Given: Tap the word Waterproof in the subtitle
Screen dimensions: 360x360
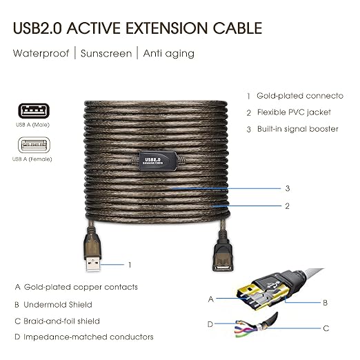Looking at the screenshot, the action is coord(41,53).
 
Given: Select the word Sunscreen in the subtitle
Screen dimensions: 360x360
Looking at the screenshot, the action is coord(106,54).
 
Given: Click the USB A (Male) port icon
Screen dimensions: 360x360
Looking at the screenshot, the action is coord(34,110).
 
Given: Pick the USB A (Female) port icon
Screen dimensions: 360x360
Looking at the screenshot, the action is coord(34,145).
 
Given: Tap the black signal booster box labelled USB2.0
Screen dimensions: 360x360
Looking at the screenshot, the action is coord(158,161).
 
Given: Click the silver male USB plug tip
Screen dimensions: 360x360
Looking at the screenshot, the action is coord(93,264).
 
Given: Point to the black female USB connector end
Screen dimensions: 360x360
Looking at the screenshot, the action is coord(222,255).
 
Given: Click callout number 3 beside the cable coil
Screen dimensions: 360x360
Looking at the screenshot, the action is coord(288,188).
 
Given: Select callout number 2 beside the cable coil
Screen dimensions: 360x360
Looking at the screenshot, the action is coord(288,206).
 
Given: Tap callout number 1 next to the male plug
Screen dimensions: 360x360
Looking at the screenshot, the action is coord(130,265).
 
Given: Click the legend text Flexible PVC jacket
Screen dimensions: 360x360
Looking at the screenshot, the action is coord(294,112).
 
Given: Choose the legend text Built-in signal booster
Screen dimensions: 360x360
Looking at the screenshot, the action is coord(298,129).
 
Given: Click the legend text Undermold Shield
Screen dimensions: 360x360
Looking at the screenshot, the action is coord(58,305).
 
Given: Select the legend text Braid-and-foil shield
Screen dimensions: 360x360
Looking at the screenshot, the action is coord(61,321).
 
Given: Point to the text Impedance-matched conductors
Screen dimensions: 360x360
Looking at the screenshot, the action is coord(88,337).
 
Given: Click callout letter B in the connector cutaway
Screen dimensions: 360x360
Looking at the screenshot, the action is coord(325,303).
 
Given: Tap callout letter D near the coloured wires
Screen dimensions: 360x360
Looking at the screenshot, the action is coord(210,324).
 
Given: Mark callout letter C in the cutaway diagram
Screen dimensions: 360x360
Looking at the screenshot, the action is coord(326,328).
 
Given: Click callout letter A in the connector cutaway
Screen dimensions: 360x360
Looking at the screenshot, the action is coord(211,299).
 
